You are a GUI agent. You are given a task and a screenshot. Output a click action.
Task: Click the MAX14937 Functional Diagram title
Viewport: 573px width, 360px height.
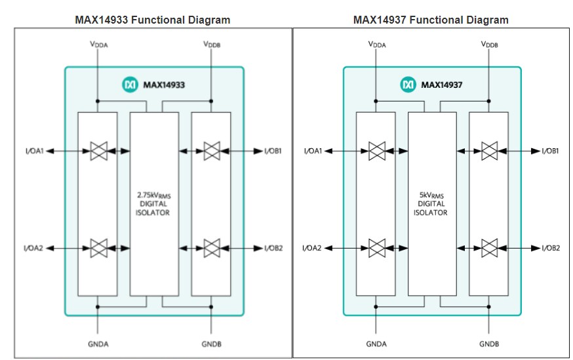tap(431, 20)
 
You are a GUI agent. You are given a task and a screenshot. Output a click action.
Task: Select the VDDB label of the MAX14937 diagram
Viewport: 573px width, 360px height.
tap(489, 45)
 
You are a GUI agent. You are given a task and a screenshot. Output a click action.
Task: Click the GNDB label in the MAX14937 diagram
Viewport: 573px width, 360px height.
tap(489, 343)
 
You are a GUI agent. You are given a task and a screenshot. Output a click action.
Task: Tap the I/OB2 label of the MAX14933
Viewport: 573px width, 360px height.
tap(273, 249)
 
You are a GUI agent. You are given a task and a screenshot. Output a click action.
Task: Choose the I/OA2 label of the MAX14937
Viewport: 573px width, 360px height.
tap(312, 249)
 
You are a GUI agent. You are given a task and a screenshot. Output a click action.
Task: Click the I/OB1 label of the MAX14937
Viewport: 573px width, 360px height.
tap(551, 151)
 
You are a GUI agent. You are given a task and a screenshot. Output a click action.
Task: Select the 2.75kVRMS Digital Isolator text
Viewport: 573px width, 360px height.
tap(153, 204)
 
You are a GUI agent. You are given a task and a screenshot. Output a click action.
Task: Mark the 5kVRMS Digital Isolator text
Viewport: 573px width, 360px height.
tap(431, 204)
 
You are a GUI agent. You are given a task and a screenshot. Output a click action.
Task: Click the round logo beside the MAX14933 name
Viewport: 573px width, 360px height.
tap(130, 85)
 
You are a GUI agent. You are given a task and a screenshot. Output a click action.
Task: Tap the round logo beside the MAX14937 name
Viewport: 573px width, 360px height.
tap(408, 85)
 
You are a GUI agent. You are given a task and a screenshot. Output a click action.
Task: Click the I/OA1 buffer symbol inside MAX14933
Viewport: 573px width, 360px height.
tap(98, 151)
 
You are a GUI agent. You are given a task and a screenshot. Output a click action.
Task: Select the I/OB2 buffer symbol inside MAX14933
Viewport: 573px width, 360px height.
tap(211, 249)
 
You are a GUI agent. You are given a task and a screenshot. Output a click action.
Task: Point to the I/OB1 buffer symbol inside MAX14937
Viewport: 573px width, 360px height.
tap(489, 151)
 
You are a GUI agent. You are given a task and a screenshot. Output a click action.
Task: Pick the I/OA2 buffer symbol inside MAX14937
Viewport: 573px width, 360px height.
tap(376, 249)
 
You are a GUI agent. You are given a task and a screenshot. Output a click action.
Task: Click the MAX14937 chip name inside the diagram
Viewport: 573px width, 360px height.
tap(443, 85)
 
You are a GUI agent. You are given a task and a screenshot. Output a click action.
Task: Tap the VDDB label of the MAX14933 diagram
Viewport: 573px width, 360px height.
tap(211, 45)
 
